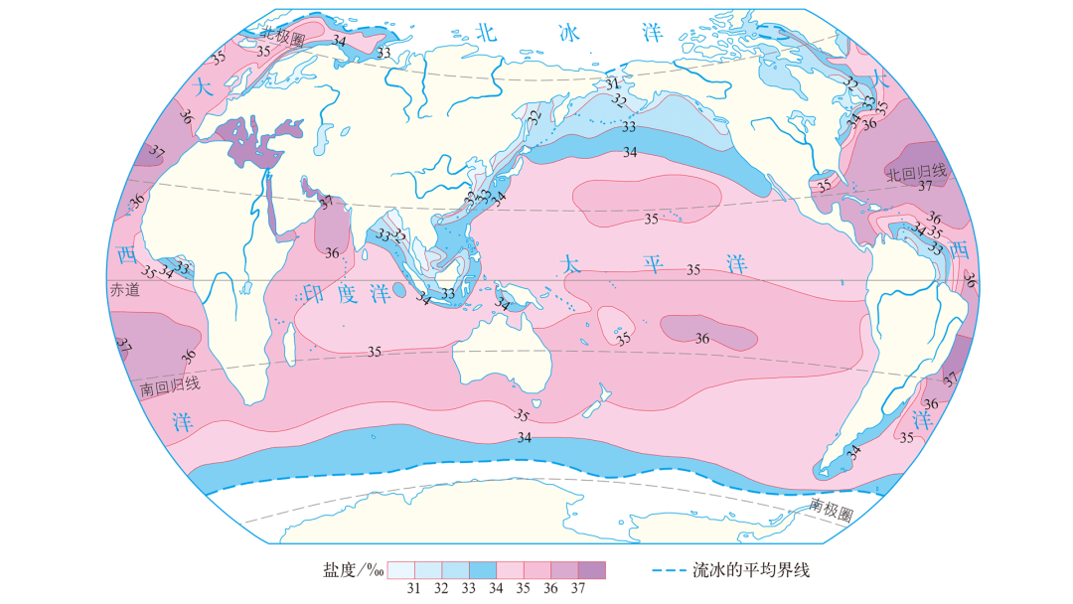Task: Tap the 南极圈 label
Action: click(831, 511)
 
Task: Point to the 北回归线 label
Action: click(919, 171)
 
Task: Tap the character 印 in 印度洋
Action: click(313, 296)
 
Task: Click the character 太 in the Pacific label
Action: click(570, 265)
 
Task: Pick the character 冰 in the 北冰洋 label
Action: click(568, 33)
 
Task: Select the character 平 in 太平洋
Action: click(652, 265)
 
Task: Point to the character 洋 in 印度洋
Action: click(378, 296)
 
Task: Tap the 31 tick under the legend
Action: click(415, 588)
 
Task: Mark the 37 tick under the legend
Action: click(577, 588)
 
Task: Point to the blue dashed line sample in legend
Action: click(671, 570)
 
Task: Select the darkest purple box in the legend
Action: click(591, 570)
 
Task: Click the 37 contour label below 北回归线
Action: click(924, 186)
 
